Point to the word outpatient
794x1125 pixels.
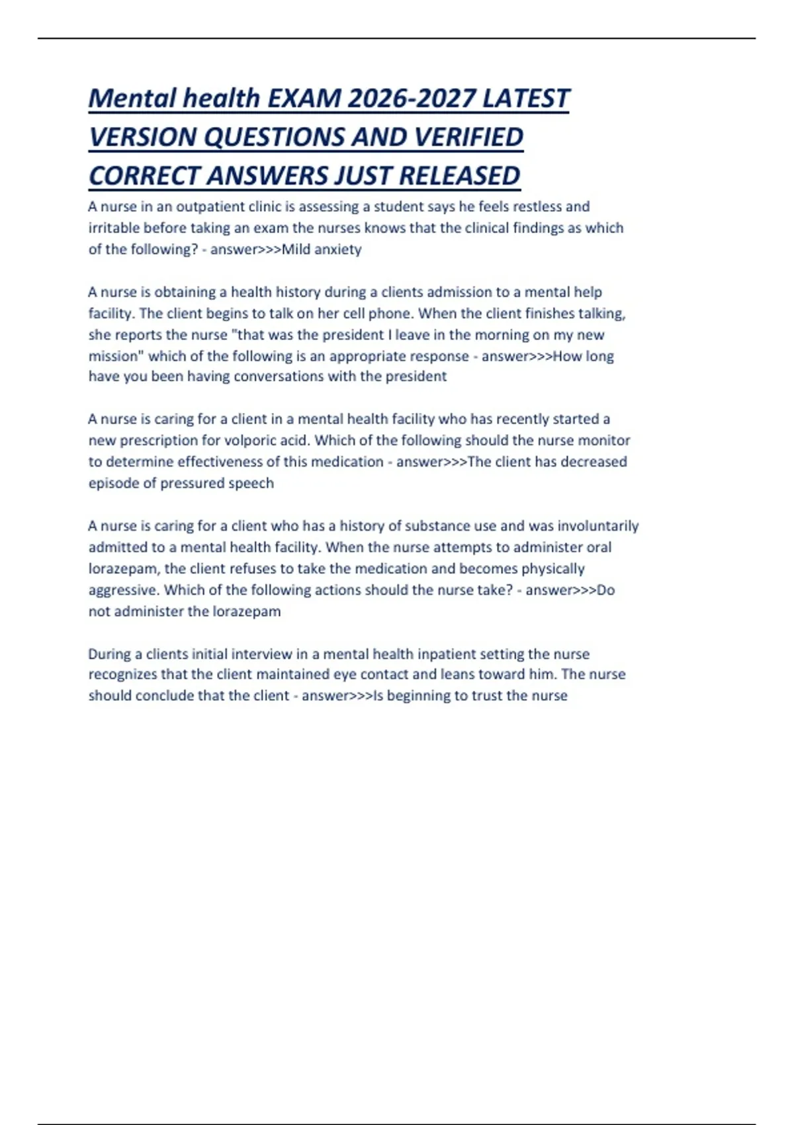210,206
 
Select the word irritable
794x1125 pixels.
114,228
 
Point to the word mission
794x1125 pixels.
114,356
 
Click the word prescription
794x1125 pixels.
157,441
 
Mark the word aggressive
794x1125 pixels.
124,590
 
